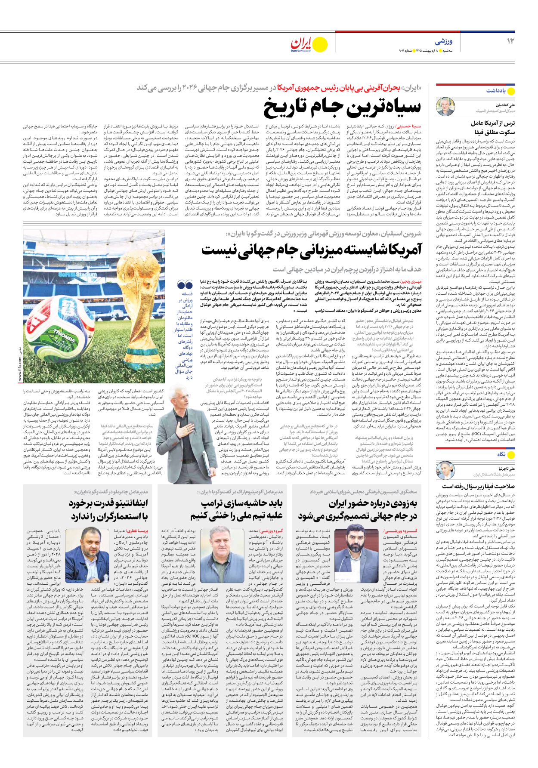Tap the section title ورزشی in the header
(x=443, y=42)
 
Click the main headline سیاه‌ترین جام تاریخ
(x=342, y=108)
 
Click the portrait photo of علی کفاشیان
(x=445, y=106)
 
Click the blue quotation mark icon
(x=185, y=284)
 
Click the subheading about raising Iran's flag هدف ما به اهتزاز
(x=346, y=269)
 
